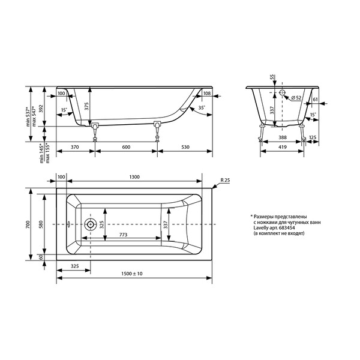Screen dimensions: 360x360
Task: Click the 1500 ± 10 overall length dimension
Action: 132,274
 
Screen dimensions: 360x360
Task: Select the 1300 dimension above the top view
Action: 134,177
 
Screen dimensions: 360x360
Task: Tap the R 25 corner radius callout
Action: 225,180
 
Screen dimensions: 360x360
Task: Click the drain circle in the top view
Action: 90,224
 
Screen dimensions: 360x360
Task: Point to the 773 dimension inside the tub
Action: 123,235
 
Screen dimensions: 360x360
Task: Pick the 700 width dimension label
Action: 28,224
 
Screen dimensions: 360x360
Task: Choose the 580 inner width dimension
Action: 41,224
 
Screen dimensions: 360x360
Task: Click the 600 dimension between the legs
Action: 126,147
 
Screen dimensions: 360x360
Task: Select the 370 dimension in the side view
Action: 75,147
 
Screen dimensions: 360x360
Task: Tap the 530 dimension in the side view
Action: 185,147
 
